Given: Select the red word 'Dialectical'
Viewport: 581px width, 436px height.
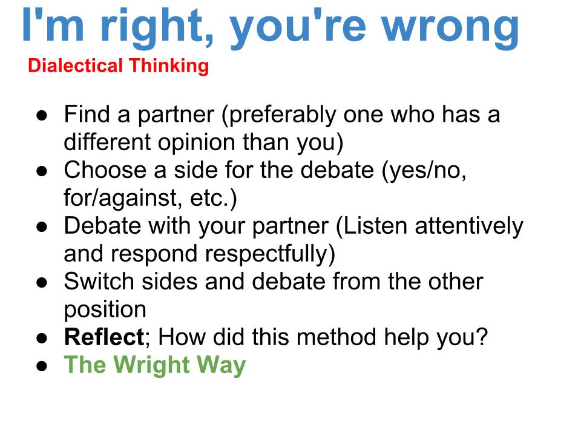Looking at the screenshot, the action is coord(75,65).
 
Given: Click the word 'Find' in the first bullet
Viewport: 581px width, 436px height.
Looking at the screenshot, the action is coord(87,114).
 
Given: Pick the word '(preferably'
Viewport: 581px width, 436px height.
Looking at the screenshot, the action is coord(278,115).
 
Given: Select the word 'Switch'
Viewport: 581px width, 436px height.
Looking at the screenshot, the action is coord(99,282).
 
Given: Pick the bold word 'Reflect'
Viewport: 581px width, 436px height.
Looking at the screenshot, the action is coord(103,337).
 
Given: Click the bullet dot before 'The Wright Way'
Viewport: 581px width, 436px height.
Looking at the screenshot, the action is coord(42,366).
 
